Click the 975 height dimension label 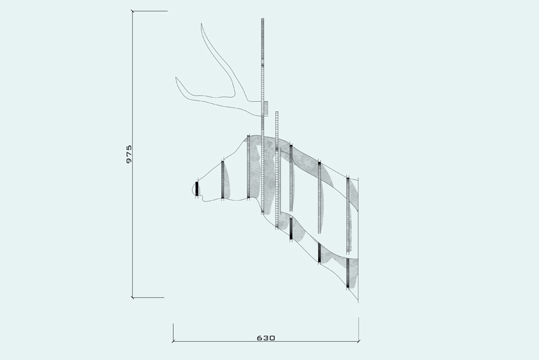(x=129, y=154)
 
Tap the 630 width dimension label (x=266, y=338)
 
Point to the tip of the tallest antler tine (x=201, y=24)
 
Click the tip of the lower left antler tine (x=176, y=78)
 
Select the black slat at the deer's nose (x=197, y=189)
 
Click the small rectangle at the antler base (x=265, y=109)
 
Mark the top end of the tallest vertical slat (x=263, y=19)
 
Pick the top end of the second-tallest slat (x=277, y=112)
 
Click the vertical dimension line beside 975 (x=133, y=154)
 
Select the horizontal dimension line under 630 (x=265, y=341)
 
